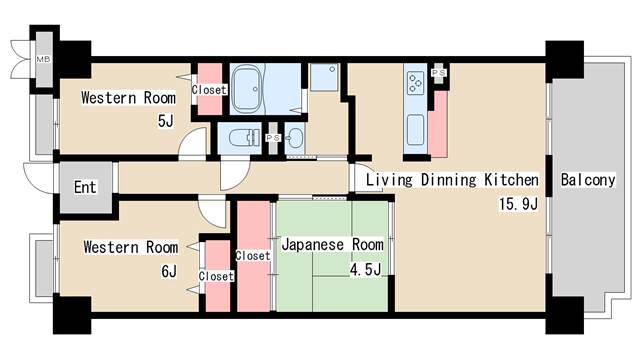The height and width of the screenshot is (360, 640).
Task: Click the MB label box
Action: (43, 59)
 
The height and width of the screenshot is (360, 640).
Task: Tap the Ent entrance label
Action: (85, 187)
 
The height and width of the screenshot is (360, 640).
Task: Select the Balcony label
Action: (588, 180)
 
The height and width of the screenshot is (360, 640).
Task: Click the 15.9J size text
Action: (518, 204)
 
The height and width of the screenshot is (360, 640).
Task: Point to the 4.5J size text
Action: (365, 269)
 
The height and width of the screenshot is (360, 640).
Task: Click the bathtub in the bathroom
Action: (249, 89)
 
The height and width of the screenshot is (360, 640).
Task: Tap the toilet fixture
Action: (244, 138)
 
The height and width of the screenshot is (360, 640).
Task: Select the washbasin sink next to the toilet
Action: (295, 139)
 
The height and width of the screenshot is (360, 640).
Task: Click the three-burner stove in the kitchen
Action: (416, 83)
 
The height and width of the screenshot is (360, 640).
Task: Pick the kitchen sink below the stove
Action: (416, 129)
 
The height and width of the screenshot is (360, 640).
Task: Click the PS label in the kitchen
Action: (439, 73)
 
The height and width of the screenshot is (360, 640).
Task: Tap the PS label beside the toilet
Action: (273, 138)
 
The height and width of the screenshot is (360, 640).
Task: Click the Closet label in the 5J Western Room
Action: (209, 89)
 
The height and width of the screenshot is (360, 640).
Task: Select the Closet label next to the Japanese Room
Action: (253, 256)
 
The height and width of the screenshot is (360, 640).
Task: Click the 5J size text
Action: (166, 121)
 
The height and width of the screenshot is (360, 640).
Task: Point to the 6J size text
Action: (169, 271)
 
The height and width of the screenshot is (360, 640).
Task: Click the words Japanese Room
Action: (333, 244)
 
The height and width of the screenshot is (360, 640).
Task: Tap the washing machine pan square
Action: (324, 77)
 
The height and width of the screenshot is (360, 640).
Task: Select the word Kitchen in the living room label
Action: (511, 180)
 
